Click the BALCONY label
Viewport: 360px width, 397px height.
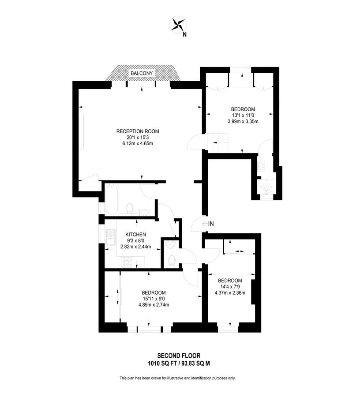pyautogui.click(x=142, y=73)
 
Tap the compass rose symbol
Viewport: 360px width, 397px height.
pyautogui.click(x=178, y=25)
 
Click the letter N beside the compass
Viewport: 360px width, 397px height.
pyautogui.click(x=184, y=34)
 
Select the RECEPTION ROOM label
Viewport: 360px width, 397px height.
pyautogui.click(x=138, y=131)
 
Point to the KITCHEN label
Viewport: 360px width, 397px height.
pyautogui.click(x=136, y=235)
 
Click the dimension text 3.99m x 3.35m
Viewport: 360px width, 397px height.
pyautogui.click(x=243, y=121)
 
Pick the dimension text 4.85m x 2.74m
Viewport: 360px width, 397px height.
pyautogui.click(x=154, y=304)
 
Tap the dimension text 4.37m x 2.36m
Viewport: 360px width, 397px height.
pyautogui.click(x=230, y=293)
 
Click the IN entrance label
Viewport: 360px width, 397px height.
pyautogui.click(x=211, y=224)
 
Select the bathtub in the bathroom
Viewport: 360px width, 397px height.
pyautogui.click(x=111, y=200)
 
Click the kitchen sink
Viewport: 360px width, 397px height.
pyautogui.click(x=111, y=237)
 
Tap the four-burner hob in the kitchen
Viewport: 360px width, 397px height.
pyautogui.click(x=127, y=262)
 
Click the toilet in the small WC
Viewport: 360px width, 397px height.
pyautogui.click(x=172, y=261)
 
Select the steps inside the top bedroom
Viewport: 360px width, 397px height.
pyautogui.click(x=218, y=143)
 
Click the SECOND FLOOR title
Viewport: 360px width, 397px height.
pyautogui.click(x=179, y=356)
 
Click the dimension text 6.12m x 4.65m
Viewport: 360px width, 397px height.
pyautogui.click(x=138, y=143)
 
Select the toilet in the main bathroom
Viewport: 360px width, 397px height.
pyautogui.click(x=130, y=208)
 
